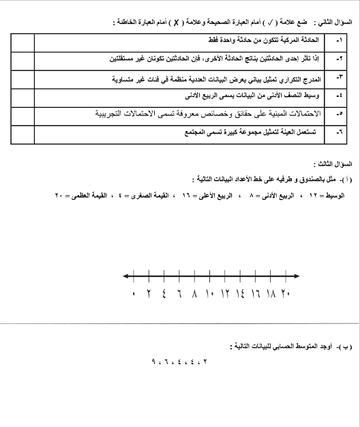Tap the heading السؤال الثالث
tap(333, 165)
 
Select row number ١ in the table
tap(340, 42)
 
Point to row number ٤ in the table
tap(340, 95)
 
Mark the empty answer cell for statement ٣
tap(22, 78)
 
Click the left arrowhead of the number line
tap(126, 276)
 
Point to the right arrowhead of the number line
tap(297, 276)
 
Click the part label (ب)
tap(346, 348)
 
